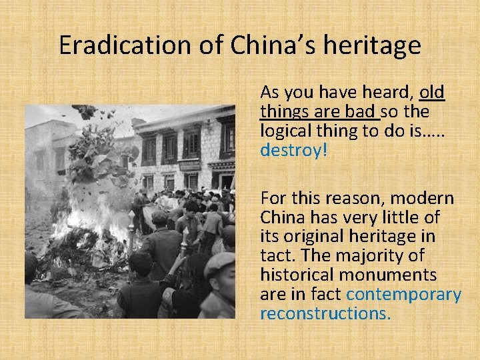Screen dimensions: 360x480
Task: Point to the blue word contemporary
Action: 404,294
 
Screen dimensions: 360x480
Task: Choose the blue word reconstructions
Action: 325,313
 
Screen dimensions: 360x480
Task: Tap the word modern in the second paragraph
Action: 422,198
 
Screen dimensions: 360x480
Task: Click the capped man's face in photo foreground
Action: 220,275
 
